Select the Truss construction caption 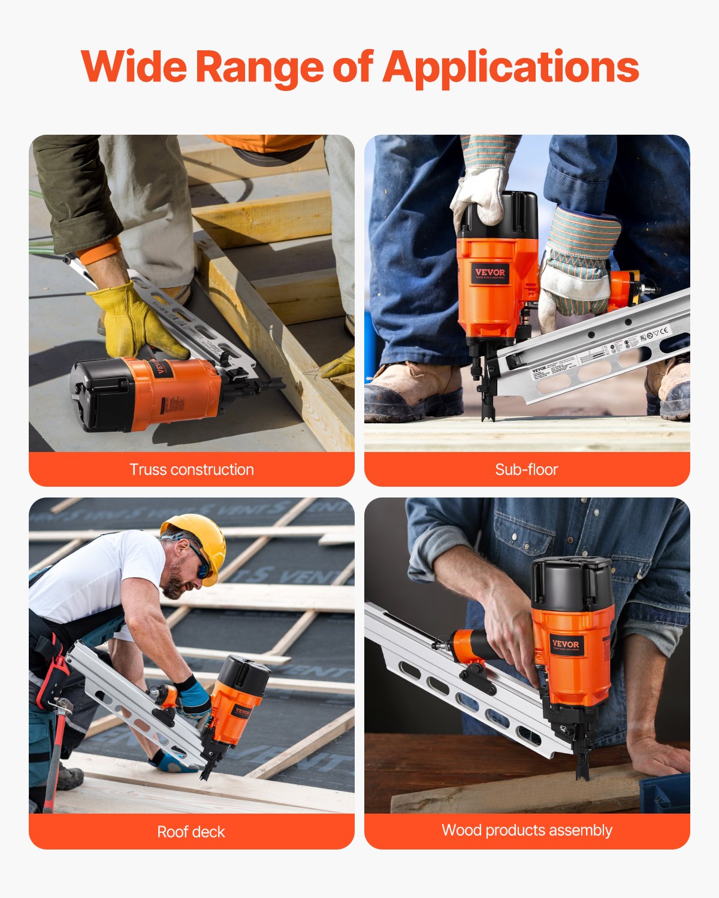click(x=192, y=469)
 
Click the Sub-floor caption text click(x=527, y=469)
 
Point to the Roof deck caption click(x=191, y=832)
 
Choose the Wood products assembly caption click(x=527, y=830)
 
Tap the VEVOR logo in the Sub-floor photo click(x=490, y=273)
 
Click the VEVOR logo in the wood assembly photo click(x=566, y=645)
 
